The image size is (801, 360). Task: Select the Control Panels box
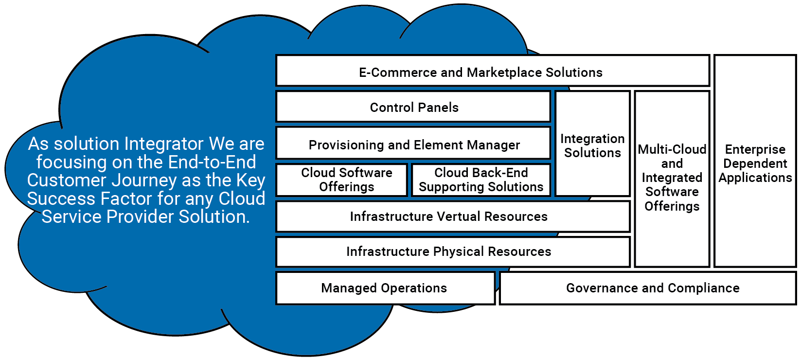coord(413,107)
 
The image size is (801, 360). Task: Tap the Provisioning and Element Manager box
coord(413,144)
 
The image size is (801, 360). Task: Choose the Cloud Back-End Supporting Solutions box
coord(481,180)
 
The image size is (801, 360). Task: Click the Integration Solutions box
coord(592,145)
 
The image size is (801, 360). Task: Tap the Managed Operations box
coord(385,288)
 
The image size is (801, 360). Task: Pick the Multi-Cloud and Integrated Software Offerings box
coord(672,178)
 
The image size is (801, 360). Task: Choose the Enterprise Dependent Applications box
coord(755,163)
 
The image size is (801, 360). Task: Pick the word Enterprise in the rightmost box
coord(755,149)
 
